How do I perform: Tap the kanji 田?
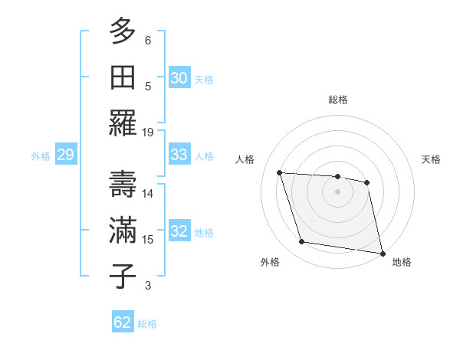tap(123, 77)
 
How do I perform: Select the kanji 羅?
tap(123, 123)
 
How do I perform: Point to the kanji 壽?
tap(123, 185)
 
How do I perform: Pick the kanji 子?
tap(123, 277)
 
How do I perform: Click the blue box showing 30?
tap(179, 78)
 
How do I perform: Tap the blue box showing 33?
tap(179, 155)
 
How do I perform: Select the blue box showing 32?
tap(179, 231)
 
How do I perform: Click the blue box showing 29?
tap(65, 155)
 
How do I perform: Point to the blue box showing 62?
tap(123, 322)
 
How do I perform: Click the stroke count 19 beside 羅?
tap(148, 132)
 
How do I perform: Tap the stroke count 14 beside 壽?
tap(148, 194)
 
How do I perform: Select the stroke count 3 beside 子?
tap(148, 286)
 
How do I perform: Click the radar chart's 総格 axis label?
tap(337, 100)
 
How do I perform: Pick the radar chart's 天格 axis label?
tap(432, 159)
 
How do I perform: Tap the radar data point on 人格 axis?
tap(280, 172)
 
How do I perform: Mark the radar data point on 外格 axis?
tap(302, 242)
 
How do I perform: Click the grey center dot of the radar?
tap(337, 191)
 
